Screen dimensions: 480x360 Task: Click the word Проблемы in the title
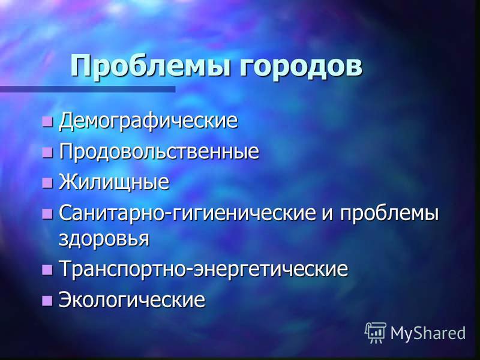coord(150,66)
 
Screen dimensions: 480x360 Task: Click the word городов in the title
coord(301,67)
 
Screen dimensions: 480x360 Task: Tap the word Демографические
coord(148,121)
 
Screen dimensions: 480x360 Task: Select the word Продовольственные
coord(159,151)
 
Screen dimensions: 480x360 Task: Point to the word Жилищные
coord(114,182)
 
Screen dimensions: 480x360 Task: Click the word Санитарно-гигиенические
coord(187,213)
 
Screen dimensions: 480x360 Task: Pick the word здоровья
coord(104,238)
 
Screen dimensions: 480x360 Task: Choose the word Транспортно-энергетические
coord(203,268)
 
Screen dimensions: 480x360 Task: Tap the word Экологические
coord(132,299)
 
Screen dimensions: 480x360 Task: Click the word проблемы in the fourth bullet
coord(389,214)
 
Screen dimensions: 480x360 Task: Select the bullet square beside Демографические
coord(47,121)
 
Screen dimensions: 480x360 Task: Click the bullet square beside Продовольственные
coord(47,152)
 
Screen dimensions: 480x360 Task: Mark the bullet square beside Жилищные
coord(47,182)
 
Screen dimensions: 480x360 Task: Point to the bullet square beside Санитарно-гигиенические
coord(47,214)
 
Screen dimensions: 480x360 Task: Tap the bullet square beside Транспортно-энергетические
coord(47,269)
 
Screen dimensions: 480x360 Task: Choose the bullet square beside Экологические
coord(47,300)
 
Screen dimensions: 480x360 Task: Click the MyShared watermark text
coord(428,333)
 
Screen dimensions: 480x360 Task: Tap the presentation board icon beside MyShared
coord(376,333)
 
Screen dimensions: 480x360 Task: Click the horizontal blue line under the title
coord(88,89)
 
